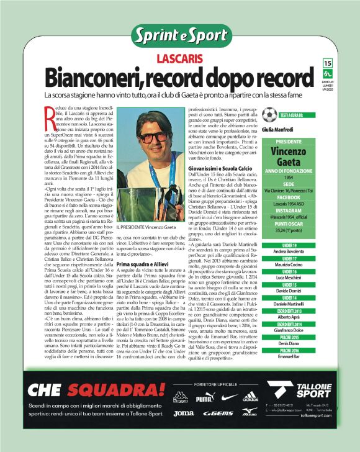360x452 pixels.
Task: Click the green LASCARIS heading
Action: point(179,59)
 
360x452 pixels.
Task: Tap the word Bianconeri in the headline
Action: point(95,78)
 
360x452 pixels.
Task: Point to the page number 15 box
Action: point(328,63)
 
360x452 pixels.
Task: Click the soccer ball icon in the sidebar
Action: point(269,114)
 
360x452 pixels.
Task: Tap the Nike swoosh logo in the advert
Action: point(229,397)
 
